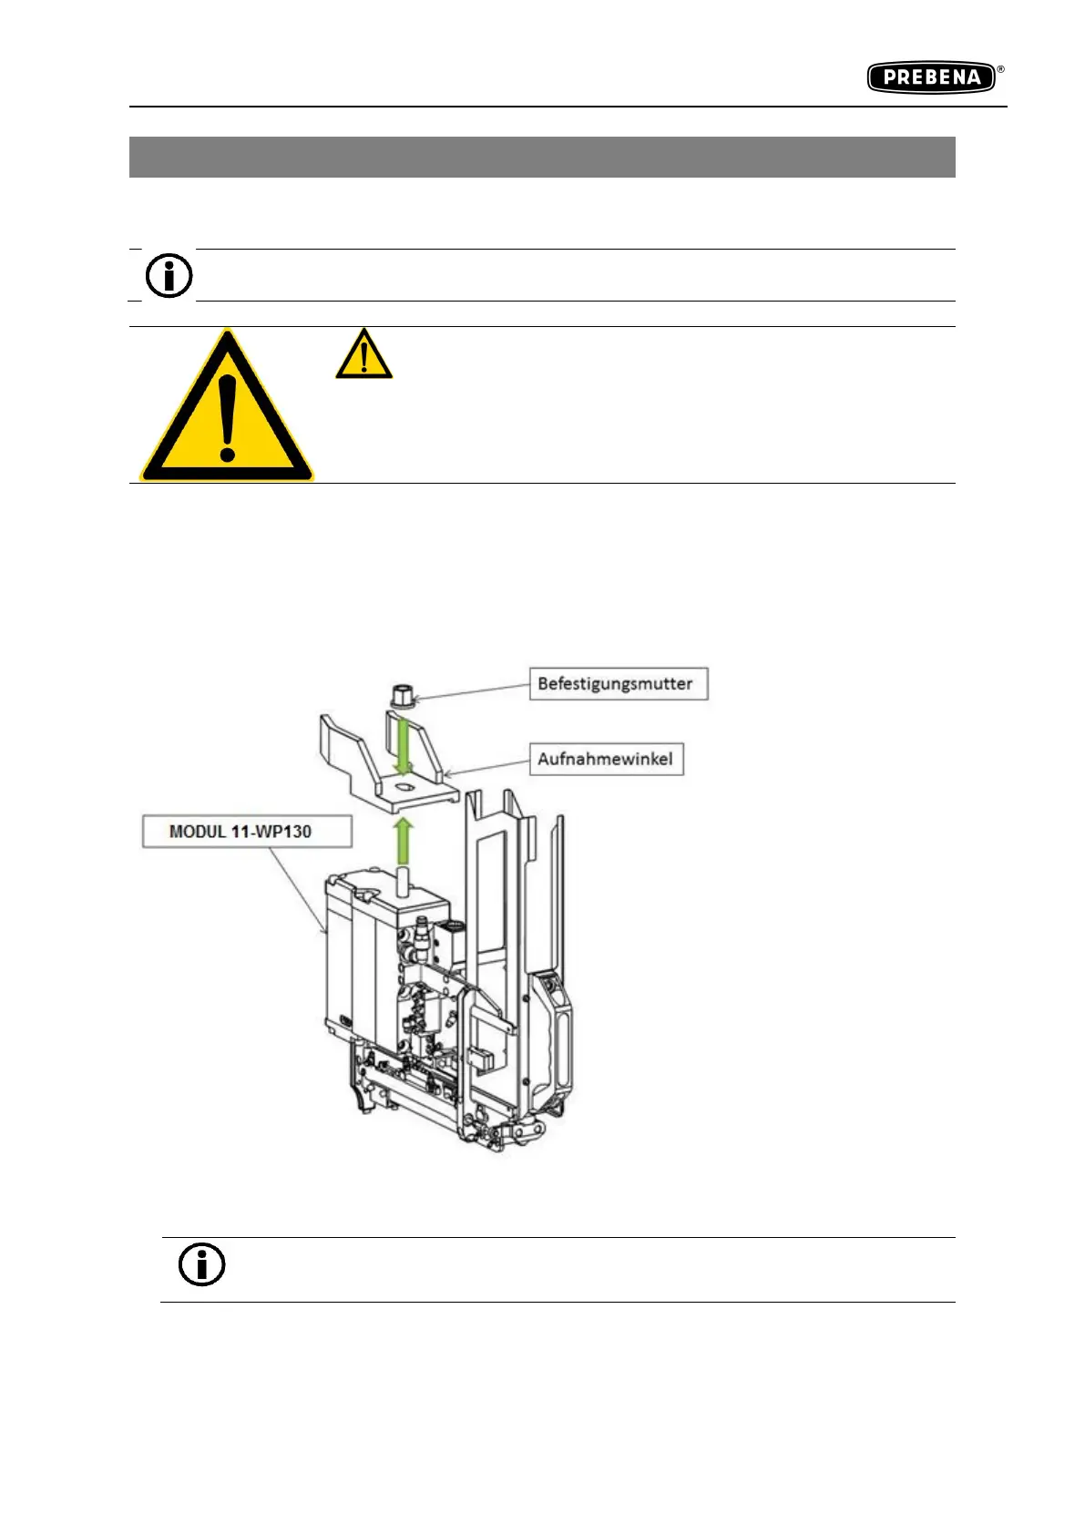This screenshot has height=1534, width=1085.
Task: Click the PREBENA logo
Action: [931, 77]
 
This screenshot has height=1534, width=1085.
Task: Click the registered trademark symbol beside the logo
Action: [1000, 69]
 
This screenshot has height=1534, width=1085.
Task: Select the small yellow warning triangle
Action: [363, 355]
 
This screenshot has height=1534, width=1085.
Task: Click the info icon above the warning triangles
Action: [169, 275]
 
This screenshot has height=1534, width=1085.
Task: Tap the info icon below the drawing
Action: [201, 1264]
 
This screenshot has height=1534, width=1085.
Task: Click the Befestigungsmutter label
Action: [618, 683]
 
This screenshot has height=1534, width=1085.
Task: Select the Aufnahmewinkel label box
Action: [606, 759]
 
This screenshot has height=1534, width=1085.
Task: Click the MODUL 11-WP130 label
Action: [241, 832]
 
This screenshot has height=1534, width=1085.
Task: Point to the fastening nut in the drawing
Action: [398, 695]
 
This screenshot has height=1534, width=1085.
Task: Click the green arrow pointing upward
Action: [404, 839]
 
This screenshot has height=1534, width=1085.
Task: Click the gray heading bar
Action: [542, 157]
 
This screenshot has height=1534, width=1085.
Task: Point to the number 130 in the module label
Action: [295, 832]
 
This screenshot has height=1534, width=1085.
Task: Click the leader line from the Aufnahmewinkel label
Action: [486, 769]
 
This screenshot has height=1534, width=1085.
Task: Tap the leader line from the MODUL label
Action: [298, 887]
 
